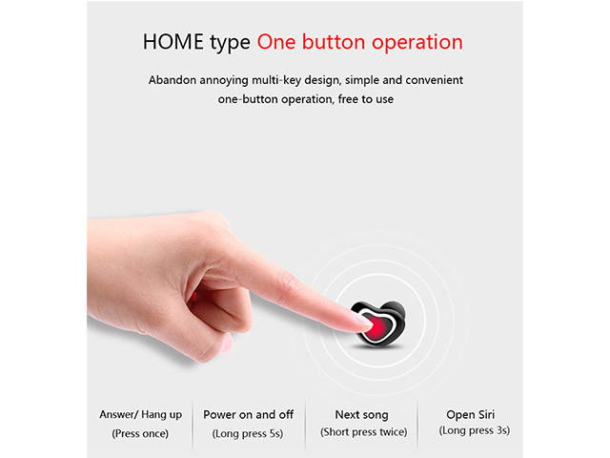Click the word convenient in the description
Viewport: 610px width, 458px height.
tap(428, 80)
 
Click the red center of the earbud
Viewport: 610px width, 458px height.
tap(379, 325)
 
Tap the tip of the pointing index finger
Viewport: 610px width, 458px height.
tap(364, 324)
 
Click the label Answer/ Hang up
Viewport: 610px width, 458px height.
tap(141, 414)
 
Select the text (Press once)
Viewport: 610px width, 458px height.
tap(141, 433)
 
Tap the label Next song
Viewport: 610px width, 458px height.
tap(361, 414)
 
